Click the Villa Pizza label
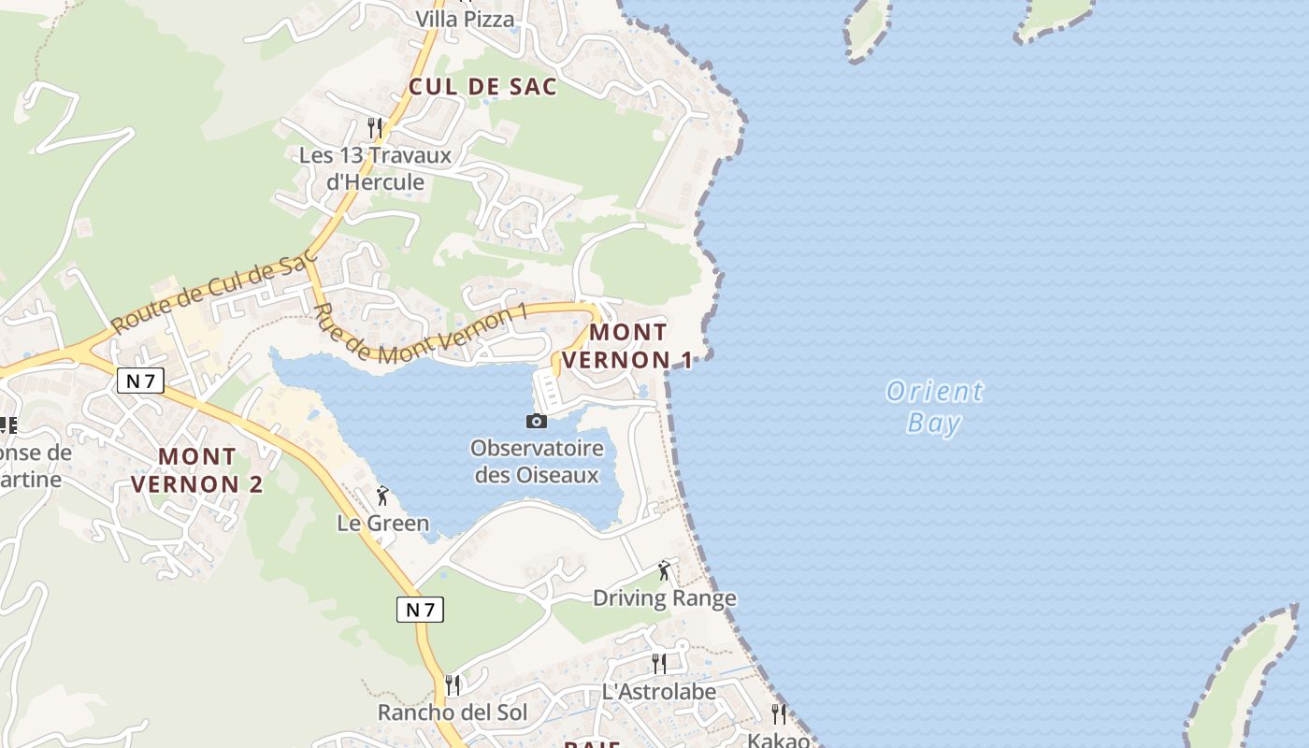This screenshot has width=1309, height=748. click(465, 19)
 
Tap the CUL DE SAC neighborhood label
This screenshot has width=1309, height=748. click(482, 87)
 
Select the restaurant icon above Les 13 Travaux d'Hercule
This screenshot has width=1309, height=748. click(375, 127)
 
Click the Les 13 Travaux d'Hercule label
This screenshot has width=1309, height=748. click(375, 168)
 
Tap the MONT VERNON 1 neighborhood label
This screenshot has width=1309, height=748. click(628, 346)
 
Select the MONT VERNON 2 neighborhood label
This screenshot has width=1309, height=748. click(196, 470)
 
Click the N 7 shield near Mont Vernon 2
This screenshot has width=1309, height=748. click(140, 380)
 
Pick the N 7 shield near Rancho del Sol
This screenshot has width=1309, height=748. click(420, 610)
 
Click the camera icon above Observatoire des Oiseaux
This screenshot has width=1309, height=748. click(537, 421)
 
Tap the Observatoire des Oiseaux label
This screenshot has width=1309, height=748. click(537, 461)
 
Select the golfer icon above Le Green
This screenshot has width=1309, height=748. click(382, 496)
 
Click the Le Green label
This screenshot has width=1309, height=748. click(383, 524)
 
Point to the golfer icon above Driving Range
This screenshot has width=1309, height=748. click(665, 569)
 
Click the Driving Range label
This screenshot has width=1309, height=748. click(665, 598)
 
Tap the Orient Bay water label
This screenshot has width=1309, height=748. click(934, 407)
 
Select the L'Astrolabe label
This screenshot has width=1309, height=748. click(659, 692)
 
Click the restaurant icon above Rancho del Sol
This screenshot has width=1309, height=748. click(453, 685)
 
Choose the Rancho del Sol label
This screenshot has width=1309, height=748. click(453, 712)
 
